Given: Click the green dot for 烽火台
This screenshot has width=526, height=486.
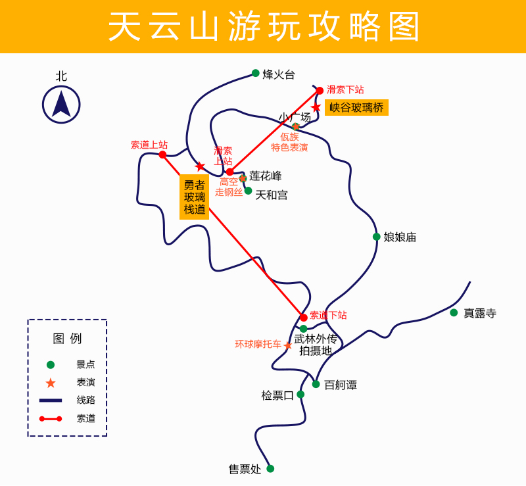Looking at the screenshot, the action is coord(256,73).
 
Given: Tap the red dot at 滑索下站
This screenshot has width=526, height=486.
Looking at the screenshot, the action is coord(320,90).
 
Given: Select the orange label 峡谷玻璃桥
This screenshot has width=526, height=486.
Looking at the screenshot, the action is coord(356,107).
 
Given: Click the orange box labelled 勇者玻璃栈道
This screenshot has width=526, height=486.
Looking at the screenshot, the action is coord(194,197).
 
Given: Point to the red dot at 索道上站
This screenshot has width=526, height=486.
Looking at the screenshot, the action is coord(162,155).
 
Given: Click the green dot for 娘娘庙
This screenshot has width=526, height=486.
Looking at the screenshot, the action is coord(376,237).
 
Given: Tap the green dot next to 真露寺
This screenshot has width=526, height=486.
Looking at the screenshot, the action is coord(454,312).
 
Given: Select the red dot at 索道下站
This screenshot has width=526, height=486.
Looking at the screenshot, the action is coord(304,317).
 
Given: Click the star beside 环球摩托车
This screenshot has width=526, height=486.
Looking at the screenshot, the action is coord(288,345).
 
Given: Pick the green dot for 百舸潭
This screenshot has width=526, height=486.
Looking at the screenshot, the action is coord(316,384).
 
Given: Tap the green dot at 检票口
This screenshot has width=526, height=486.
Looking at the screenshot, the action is coord(300,394).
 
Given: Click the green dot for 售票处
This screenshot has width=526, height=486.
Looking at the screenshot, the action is coord(270,468).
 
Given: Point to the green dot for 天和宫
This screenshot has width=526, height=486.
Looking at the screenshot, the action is coord(249,191).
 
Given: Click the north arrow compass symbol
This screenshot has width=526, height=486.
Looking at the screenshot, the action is coord(61,105).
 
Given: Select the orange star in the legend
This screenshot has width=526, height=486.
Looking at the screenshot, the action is coord(51,383).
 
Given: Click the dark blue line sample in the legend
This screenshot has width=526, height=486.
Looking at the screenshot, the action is coord(51,400).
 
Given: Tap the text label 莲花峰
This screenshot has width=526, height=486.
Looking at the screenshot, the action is coord(266,176).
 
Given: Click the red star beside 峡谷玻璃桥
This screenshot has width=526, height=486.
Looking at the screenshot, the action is coord(316,107).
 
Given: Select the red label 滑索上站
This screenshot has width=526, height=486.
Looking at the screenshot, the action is coord(223,156).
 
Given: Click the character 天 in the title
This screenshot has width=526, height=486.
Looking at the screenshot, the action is coord(124,26).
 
